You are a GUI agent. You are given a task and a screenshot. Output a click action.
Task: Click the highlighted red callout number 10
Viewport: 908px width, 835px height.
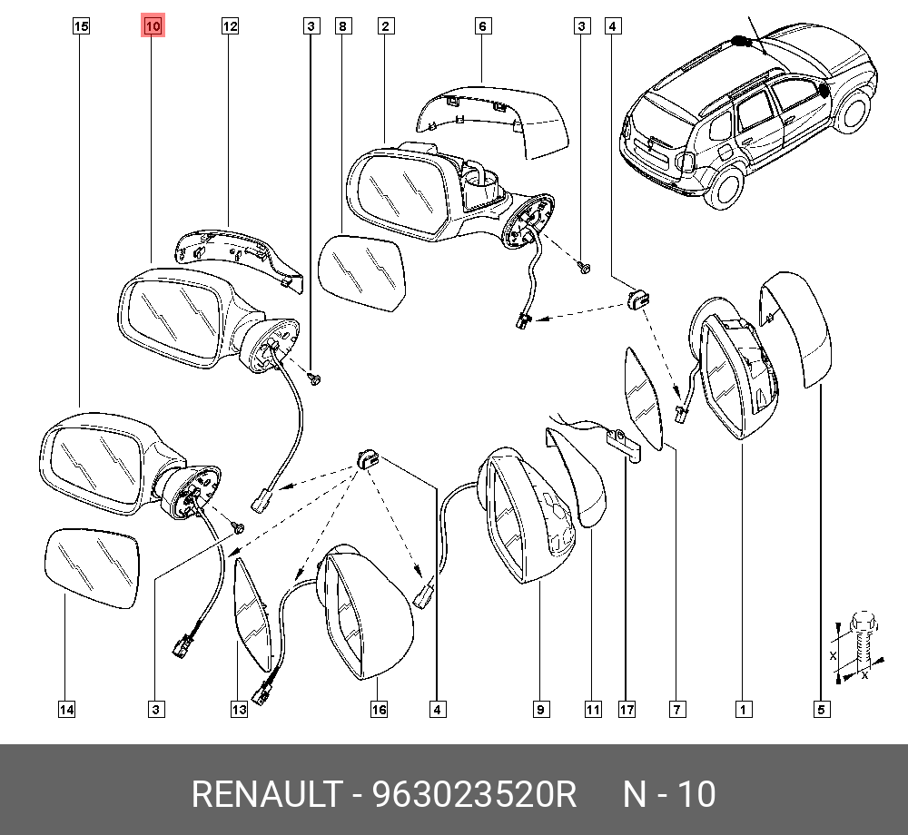click(x=153, y=27)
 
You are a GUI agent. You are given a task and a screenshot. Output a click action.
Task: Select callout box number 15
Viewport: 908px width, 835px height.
click(x=81, y=27)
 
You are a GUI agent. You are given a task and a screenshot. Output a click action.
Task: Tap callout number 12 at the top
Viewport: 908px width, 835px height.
click(x=230, y=27)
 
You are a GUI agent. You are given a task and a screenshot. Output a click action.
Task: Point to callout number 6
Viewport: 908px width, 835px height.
click(x=482, y=27)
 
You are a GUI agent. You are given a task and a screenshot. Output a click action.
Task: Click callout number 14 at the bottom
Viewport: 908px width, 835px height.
click(x=66, y=711)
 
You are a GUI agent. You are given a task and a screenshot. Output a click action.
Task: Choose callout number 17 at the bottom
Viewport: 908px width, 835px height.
click(x=627, y=711)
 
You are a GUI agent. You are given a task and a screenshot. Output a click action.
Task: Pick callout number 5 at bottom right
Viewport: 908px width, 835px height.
click(x=820, y=711)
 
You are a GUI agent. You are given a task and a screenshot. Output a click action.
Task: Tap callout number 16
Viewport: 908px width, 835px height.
click(x=379, y=711)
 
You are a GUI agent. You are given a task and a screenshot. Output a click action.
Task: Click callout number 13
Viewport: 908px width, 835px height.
click(x=238, y=711)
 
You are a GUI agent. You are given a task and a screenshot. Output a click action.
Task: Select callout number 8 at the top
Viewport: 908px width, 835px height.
click(x=342, y=27)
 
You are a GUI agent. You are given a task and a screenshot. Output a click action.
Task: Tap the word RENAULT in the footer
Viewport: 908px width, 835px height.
click(x=264, y=795)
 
